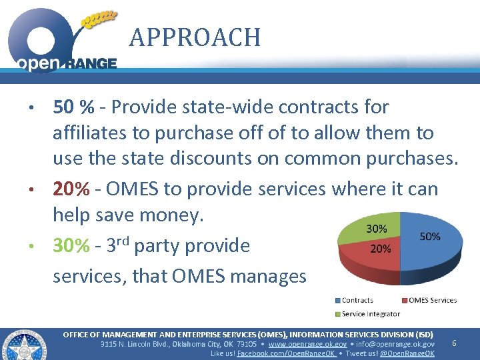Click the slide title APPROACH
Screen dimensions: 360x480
tap(195, 37)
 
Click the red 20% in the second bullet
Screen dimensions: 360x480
tap(71, 189)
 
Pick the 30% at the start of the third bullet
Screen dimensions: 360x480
tap(71, 246)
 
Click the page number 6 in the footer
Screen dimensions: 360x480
tap(454, 343)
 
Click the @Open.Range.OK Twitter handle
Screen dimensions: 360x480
tap(407, 353)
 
